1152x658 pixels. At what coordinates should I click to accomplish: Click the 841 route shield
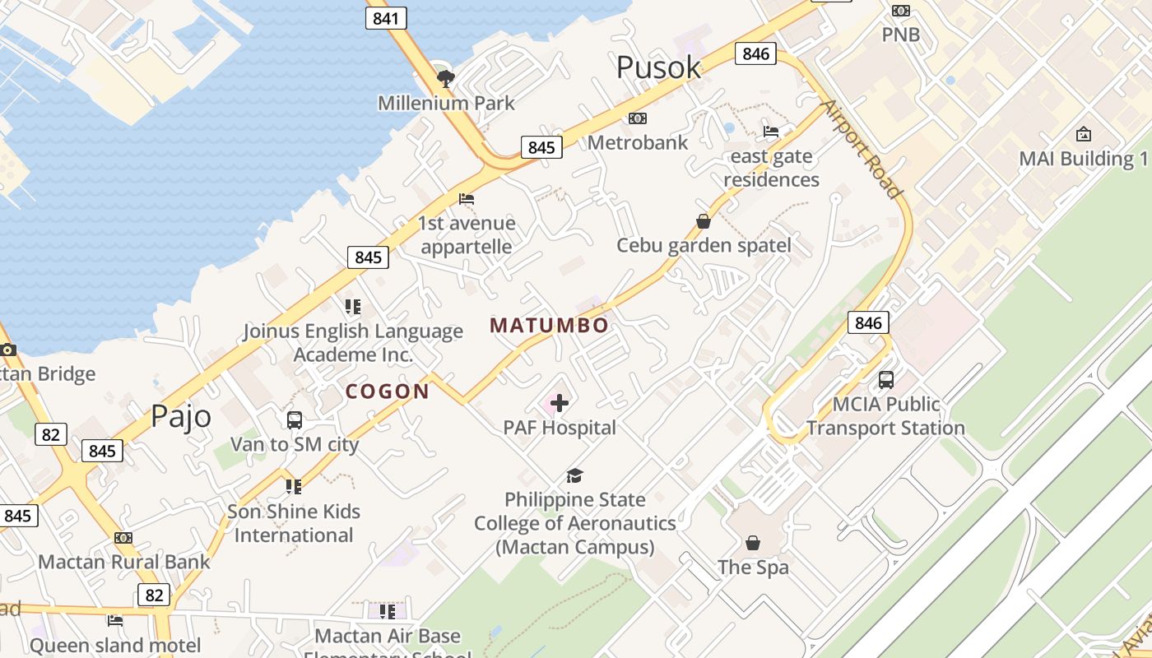386,18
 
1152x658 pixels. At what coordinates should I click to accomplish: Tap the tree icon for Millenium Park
446,79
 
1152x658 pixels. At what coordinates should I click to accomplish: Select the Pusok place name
658,67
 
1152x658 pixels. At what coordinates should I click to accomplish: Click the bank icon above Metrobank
638,118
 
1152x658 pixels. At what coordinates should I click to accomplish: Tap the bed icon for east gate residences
771,132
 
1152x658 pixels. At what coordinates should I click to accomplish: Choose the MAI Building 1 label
1083,159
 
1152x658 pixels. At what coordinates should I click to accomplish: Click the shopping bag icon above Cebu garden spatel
704,221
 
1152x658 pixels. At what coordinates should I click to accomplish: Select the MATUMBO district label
549,325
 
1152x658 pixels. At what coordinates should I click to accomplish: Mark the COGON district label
388,392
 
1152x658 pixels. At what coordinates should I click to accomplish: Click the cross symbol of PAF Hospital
560,403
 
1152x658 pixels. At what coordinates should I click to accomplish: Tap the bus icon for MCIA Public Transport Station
885,380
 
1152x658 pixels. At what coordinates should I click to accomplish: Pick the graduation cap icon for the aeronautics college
574,475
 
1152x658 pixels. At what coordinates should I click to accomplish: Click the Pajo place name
180,417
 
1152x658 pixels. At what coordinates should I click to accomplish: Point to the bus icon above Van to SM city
295,420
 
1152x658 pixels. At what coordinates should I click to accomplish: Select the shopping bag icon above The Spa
753,543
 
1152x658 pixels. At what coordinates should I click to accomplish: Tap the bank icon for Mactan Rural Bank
123,538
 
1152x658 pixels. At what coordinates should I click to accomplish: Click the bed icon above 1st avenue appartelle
467,199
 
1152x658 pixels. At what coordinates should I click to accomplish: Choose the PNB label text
900,35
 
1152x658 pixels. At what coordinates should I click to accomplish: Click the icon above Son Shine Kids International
294,487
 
